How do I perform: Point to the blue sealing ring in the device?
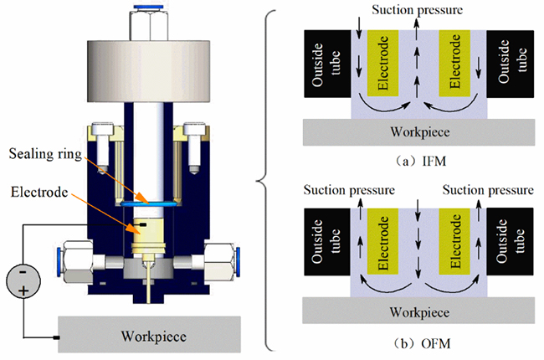tap(150, 203)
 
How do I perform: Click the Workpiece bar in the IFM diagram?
tap(419, 131)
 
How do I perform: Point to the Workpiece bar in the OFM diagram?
tap(419, 311)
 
